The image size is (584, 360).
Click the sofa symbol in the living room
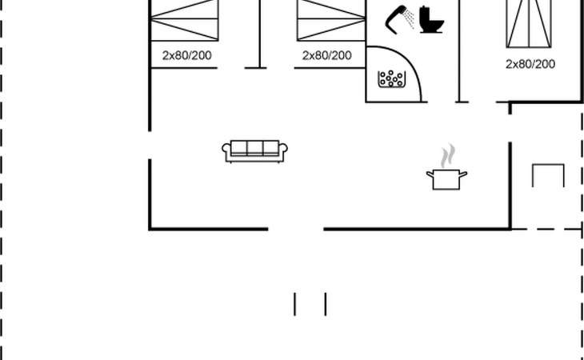254,150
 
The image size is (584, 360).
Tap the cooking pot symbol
446,179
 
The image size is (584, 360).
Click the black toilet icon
430,20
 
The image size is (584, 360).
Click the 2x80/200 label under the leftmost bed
186,55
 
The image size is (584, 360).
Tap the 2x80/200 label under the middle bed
326,55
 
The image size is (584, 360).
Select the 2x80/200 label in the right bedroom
530,64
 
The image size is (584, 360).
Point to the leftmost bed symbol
185,19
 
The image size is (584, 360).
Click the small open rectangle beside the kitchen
548,174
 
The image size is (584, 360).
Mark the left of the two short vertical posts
295,304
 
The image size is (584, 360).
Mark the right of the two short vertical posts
325,304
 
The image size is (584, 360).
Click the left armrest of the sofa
226,150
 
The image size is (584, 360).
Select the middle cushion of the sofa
254,148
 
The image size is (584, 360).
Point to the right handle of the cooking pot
463,174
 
